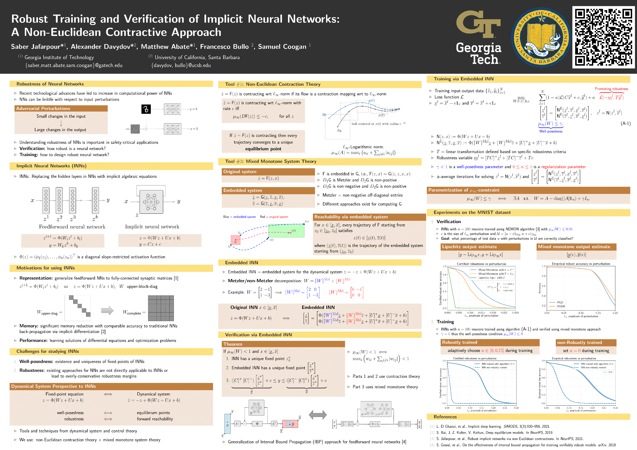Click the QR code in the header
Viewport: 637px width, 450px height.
603,37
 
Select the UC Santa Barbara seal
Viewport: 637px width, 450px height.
540,37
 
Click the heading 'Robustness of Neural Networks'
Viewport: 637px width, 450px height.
50,84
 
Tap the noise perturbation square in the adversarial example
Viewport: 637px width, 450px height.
135,129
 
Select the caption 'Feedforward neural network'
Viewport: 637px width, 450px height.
72,227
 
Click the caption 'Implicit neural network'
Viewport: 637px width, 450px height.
152,227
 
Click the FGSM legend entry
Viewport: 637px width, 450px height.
561,306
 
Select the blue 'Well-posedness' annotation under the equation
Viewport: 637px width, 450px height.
551,131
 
